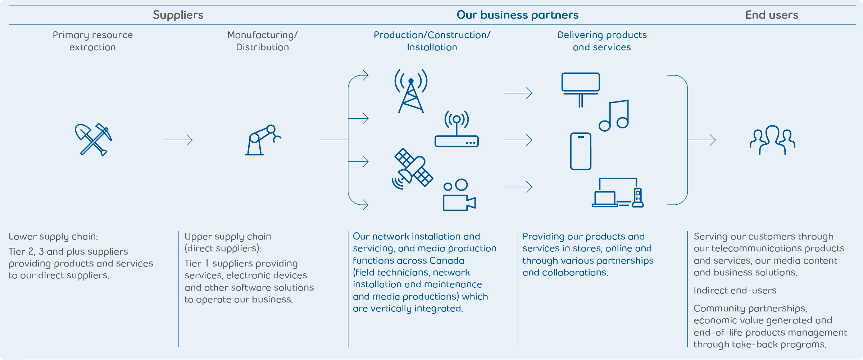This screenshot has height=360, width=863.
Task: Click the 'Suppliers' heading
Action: [x=178, y=15]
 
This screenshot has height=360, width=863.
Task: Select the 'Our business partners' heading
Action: [x=517, y=15]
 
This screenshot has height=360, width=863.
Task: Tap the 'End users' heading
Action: [x=772, y=15]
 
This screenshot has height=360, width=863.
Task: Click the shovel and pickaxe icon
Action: [x=93, y=140]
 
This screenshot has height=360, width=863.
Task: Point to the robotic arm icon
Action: [x=263, y=140]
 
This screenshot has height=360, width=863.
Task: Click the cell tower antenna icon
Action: [x=411, y=91]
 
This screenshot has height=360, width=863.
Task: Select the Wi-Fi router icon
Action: [x=457, y=129]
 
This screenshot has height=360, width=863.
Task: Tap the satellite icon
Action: [x=412, y=169]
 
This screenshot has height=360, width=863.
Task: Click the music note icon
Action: [x=614, y=116]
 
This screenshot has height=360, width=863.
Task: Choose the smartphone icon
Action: [x=580, y=151]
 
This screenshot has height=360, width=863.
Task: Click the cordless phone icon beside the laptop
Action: [x=638, y=197]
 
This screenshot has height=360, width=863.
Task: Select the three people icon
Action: [x=772, y=140]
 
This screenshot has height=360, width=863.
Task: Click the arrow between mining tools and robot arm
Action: [x=178, y=140]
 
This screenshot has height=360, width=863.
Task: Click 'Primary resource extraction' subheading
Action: [x=93, y=41]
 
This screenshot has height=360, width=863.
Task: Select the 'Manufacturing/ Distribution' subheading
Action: [x=262, y=41]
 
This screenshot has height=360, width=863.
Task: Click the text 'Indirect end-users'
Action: [x=735, y=291]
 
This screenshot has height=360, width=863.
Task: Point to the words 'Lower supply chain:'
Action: [x=53, y=237]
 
